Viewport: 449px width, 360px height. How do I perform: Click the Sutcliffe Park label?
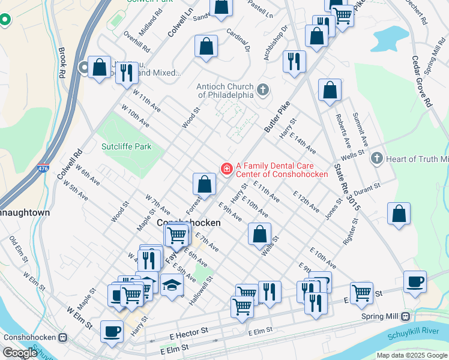(x=126, y=146)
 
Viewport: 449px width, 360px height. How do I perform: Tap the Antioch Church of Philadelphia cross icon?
(x=262, y=91)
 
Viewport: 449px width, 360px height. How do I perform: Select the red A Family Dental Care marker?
(x=227, y=169)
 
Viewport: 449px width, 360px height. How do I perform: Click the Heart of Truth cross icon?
(x=376, y=158)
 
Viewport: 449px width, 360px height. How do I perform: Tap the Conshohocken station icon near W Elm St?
(x=63, y=337)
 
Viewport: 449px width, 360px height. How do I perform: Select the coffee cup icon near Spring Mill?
(x=414, y=282)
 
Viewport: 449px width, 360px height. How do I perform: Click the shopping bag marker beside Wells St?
(x=259, y=234)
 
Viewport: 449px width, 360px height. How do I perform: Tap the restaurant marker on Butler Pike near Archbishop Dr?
(x=294, y=62)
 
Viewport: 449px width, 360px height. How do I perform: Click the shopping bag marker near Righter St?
(x=399, y=214)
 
